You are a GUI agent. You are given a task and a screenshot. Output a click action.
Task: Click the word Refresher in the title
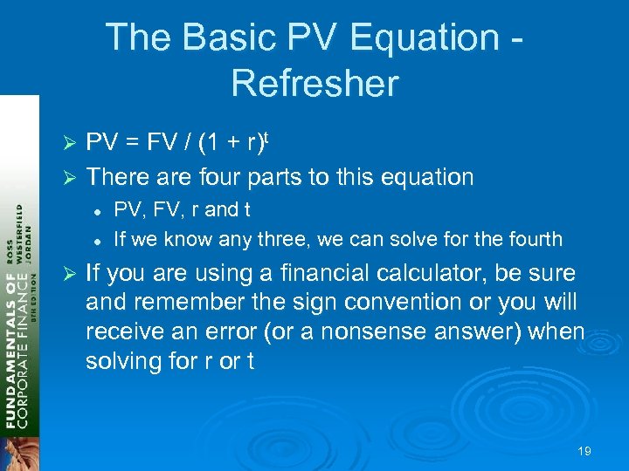point(314,83)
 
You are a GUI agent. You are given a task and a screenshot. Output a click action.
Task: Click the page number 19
point(584,451)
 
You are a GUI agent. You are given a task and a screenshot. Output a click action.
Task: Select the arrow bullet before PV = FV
point(73,143)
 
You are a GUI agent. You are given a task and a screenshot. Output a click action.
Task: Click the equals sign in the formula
point(135,143)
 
